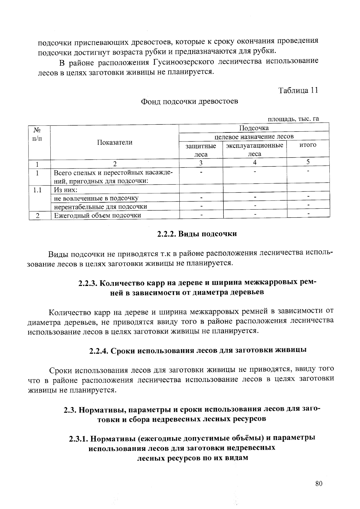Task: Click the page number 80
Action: (x=319, y=483)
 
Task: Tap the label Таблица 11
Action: (x=298, y=90)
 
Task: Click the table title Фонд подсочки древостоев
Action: (x=190, y=102)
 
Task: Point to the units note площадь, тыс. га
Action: (x=293, y=119)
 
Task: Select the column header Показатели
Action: (x=115, y=142)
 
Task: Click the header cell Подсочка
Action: (x=254, y=128)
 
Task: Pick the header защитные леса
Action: (x=201, y=150)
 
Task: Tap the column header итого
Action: (x=308, y=145)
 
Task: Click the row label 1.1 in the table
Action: (x=37, y=190)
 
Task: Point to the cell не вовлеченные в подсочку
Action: (x=96, y=198)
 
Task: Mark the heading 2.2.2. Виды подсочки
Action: (x=197, y=234)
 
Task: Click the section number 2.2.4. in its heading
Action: (x=99, y=350)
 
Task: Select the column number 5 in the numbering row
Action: (x=308, y=162)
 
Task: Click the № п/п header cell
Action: (x=37, y=134)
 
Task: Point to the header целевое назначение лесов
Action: (x=254, y=137)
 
